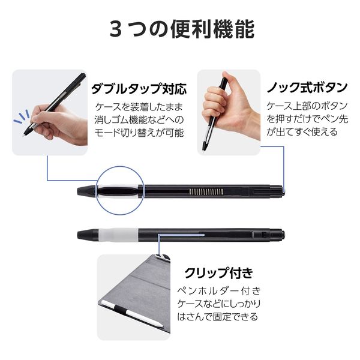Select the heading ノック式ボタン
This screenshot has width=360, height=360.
pyautogui.click(x=307, y=88)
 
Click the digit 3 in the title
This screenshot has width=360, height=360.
pyautogui.click(x=115, y=29)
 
